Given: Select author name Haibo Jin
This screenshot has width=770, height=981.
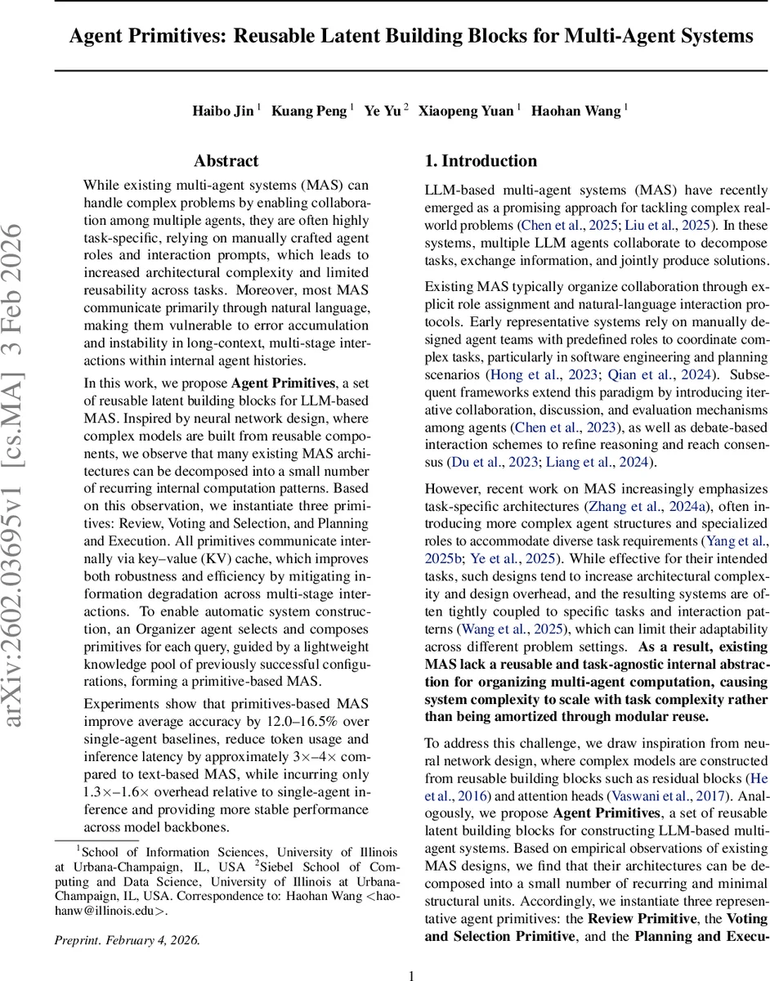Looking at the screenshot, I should coord(222,110).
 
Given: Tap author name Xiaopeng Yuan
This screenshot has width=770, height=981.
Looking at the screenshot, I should coord(466,110).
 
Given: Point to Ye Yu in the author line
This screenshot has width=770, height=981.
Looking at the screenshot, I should coord(383,110).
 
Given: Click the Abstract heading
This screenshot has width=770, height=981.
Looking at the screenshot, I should coord(226,161).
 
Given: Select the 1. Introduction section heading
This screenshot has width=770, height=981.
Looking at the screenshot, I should coord(481,161).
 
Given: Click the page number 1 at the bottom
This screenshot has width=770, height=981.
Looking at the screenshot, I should coord(412,952).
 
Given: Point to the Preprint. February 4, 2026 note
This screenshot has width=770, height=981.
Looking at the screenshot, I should coord(126,917).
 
